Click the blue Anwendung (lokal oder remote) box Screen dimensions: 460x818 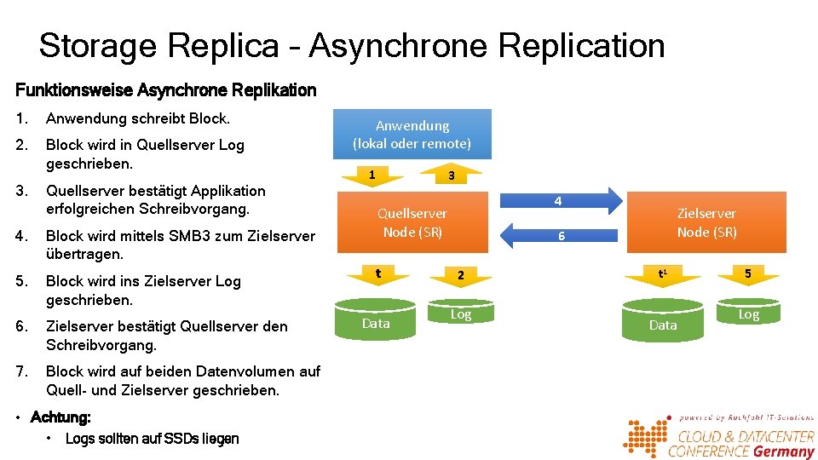click(x=412, y=135)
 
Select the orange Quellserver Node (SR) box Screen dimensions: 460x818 click(x=412, y=222)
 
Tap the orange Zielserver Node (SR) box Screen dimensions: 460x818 click(x=706, y=222)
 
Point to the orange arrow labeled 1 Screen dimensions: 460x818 click(x=372, y=175)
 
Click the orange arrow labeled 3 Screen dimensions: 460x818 click(x=452, y=175)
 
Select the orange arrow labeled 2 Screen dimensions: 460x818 click(x=459, y=275)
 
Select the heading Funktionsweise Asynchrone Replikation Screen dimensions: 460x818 click(x=166, y=90)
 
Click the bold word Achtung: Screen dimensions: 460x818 click(x=60, y=417)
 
